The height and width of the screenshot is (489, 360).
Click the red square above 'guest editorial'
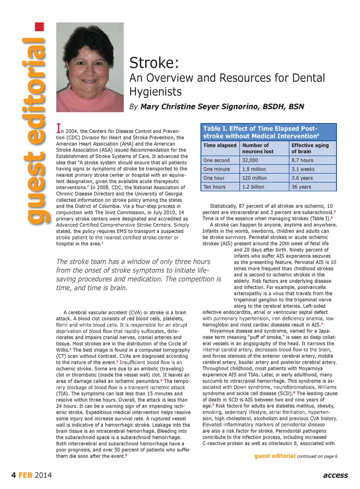click(x=39, y=27)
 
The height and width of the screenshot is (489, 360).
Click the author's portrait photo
click(x=90, y=67)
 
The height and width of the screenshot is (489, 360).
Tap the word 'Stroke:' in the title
click(x=154, y=63)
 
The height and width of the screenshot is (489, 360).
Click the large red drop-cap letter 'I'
click(x=58, y=129)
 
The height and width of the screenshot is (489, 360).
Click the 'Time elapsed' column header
click(x=220, y=145)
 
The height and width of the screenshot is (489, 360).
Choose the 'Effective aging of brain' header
click(x=310, y=148)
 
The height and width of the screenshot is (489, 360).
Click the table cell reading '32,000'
click(x=250, y=160)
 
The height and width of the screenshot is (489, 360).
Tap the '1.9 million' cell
click(x=254, y=169)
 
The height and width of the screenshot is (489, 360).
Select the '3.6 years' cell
click(x=302, y=178)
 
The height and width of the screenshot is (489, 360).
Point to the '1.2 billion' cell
click(x=253, y=187)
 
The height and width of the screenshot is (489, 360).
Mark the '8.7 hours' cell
click(x=302, y=160)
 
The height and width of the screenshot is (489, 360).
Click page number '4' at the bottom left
click(x=13, y=476)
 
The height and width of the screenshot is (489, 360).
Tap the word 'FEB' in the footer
click(x=25, y=476)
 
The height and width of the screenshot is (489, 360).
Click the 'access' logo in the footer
click(x=335, y=476)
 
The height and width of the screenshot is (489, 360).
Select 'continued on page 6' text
click(x=317, y=456)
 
